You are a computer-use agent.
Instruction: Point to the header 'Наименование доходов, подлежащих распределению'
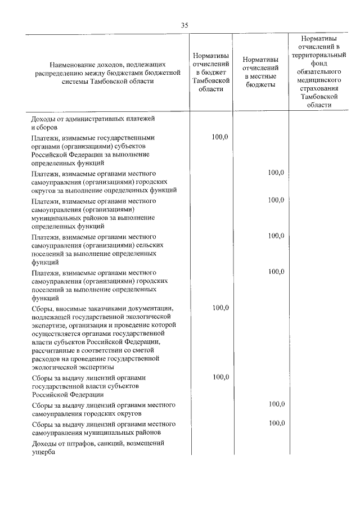(107, 72)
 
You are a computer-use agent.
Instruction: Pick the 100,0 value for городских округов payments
(276, 172)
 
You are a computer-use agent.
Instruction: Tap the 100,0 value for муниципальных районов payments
(276, 200)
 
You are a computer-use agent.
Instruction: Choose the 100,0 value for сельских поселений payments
(276, 236)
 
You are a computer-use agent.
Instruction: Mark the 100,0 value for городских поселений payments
(276, 272)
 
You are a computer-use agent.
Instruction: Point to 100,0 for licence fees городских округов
(276, 404)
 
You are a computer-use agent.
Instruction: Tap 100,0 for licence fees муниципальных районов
(276, 423)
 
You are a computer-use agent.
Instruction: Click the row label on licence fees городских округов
(104, 409)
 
